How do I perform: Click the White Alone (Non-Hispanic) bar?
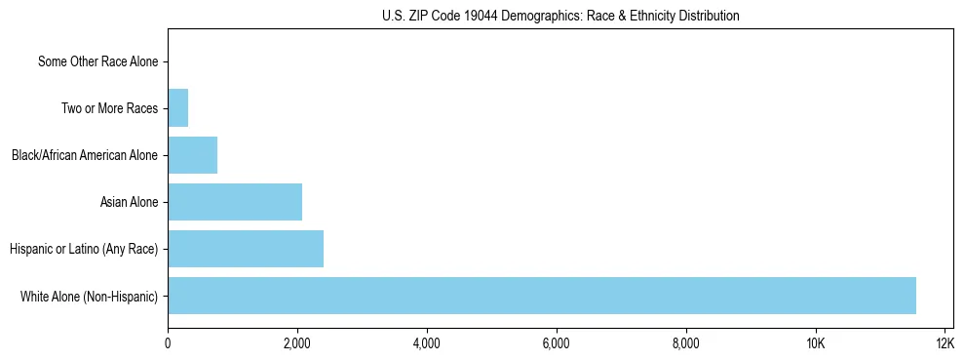[542, 296]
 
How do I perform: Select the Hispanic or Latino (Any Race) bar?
[246, 249]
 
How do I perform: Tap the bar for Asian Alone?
[235, 202]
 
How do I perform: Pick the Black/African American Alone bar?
[192, 155]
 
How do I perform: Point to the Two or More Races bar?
[177, 108]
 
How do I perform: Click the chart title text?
[560, 17]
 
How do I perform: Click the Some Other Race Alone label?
[97, 62]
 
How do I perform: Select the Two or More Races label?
[109, 108]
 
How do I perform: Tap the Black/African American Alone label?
[84, 155]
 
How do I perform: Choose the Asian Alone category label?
[129, 202]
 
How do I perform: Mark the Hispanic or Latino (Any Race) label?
[84, 249]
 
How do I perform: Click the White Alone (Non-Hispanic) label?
[89, 296]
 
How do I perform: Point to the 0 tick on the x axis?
[168, 343]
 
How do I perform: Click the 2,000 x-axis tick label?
[297, 343]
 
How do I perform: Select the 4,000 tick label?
[427, 343]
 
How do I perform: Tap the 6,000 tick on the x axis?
[557, 343]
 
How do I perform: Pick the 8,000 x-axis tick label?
[686, 343]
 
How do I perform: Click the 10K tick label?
[816, 343]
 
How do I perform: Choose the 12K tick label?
[945, 343]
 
